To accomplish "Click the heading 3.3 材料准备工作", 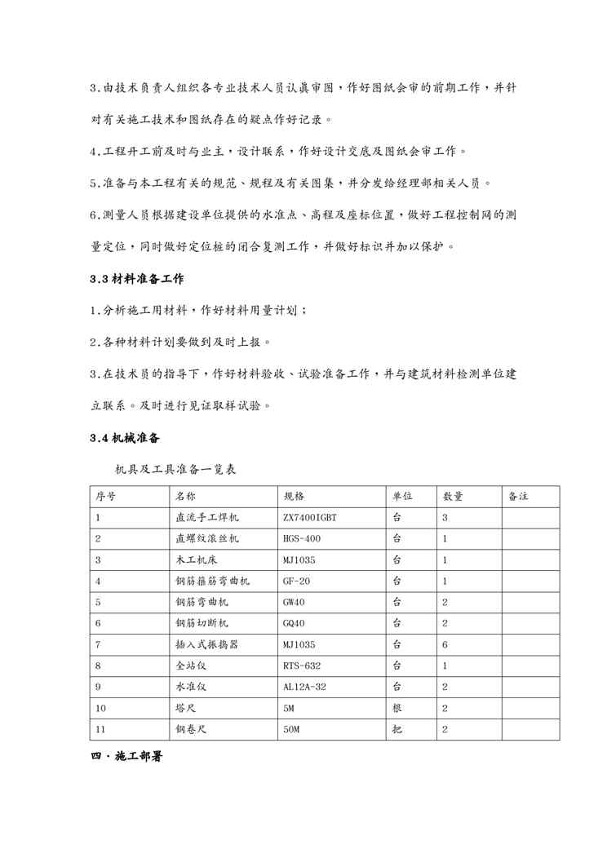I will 136,279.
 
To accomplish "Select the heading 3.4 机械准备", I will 124,438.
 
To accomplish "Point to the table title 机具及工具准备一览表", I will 176,469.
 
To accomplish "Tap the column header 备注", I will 519,496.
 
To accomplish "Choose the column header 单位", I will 402,496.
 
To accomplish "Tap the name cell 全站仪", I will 189,666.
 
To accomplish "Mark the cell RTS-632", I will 301,666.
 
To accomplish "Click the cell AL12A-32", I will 304,687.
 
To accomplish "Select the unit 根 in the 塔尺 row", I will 397,708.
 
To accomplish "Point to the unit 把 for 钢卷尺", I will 397,729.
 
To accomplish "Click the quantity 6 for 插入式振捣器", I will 445,644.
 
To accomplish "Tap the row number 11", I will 101,729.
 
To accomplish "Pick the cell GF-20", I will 295,581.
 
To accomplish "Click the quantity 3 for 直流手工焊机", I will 445,517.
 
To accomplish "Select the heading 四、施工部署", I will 126,757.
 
